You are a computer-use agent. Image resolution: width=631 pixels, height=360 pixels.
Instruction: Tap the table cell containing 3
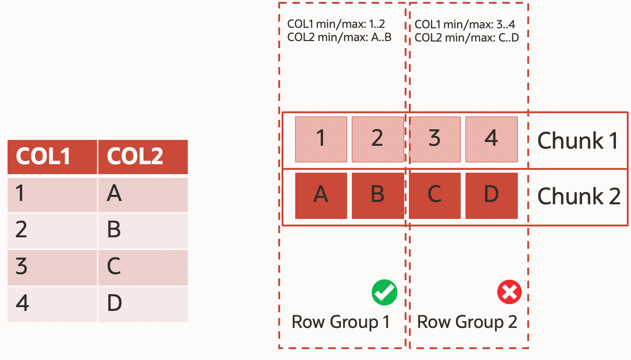pos(52,267)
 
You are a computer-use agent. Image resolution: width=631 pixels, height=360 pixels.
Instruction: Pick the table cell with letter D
pos(143,304)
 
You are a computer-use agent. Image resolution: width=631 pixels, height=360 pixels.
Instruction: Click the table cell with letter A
pos(143,194)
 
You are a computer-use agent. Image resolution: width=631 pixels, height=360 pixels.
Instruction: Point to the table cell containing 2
pos(52,230)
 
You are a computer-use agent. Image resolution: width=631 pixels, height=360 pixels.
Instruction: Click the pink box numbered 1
pos(321,139)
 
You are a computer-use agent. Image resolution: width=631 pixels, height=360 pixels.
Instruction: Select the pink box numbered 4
pos(491,139)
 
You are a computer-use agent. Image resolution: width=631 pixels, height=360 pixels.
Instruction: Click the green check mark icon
pos(384,293)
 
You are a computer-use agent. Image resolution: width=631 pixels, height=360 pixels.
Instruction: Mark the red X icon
pos(509,293)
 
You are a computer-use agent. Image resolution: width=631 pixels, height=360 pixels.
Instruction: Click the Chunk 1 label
pos(578,140)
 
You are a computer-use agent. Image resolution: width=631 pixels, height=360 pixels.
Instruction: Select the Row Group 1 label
pos(340,322)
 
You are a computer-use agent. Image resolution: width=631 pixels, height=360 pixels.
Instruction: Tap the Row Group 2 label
pos(467,322)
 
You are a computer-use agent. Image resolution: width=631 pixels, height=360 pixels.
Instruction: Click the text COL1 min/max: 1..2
pos(336,25)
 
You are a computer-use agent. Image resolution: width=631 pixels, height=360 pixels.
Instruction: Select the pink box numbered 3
pos(434,139)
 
